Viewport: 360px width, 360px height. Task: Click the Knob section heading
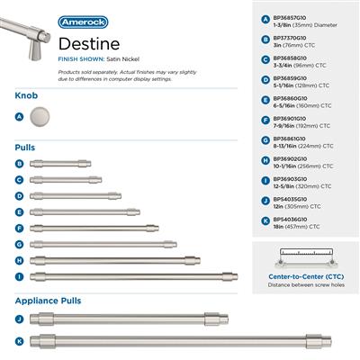[27, 94]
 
